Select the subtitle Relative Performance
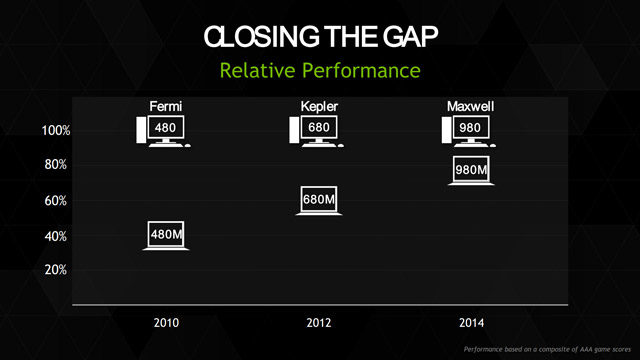(319, 71)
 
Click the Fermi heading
(165, 106)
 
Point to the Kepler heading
(320, 106)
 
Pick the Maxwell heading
(470, 106)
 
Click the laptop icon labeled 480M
(166, 235)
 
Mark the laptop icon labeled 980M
(470, 171)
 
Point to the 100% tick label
(55, 131)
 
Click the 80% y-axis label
(56, 165)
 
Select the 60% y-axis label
(56, 201)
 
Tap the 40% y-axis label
(56, 237)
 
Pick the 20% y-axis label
(56, 270)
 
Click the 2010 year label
(166, 324)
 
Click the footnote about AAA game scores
(548, 350)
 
